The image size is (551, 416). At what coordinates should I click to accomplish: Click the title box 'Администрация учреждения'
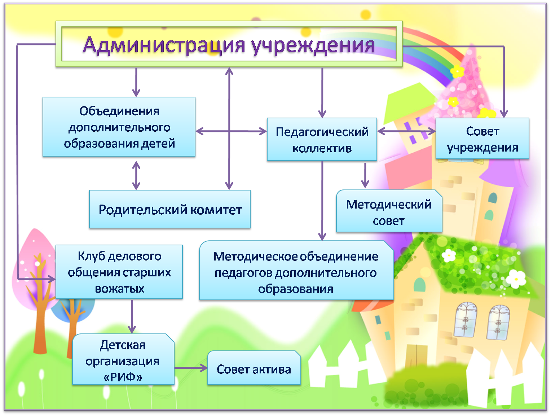[229, 44]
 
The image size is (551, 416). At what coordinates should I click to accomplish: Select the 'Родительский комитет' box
[170, 209]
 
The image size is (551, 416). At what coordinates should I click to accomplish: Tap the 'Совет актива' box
[254, 368]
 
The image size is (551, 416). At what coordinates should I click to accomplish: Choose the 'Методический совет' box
[389, 211]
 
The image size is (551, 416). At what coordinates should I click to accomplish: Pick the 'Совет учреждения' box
[482, 139]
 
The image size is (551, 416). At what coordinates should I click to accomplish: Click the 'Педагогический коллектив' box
[322, 139]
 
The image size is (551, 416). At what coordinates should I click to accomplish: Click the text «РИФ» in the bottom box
[123, 377]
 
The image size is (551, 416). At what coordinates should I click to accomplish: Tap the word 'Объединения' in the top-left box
[119, 111]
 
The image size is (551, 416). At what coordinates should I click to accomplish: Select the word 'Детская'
[123, 345]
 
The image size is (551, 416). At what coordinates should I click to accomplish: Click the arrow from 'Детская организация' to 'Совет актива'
[191, 368]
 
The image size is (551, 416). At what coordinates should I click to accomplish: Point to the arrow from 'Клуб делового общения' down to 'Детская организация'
[132, 316]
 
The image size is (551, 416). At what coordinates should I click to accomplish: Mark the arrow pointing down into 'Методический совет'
[365, 175]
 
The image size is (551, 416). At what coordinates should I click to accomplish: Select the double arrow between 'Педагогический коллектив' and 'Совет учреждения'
[406, 131]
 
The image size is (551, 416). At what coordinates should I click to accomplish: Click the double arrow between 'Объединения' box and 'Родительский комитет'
[136, 175]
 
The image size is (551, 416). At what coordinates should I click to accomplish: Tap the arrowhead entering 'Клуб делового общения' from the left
[52, 279]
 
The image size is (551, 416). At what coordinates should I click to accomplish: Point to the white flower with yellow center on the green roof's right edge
[516, 279]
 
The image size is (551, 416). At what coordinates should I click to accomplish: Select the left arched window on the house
[466, 320]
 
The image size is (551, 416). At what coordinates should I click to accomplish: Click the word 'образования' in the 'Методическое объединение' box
[296, 289]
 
